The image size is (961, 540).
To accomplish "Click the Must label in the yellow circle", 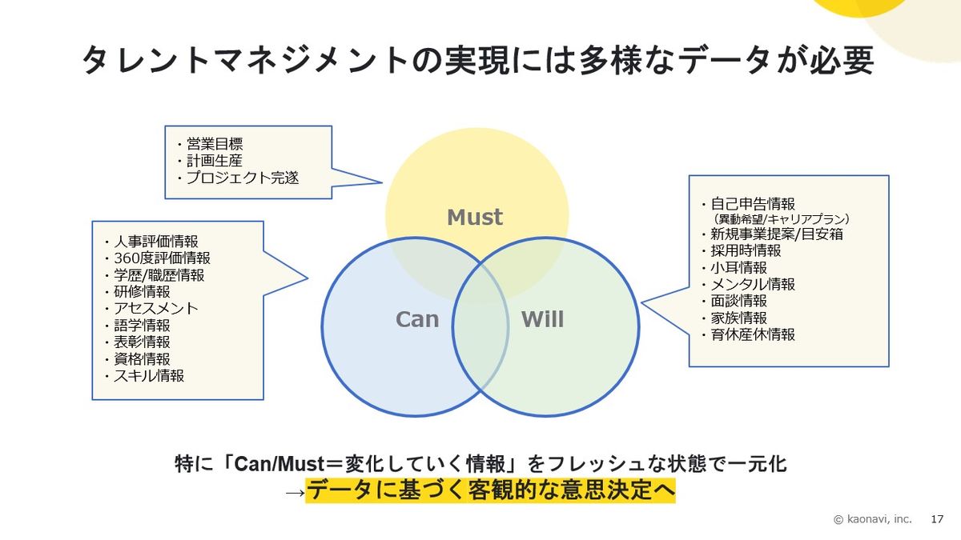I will click(474, 217).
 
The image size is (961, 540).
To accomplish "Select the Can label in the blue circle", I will click(417, 319).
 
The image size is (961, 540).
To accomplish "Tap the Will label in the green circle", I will click(542, 319).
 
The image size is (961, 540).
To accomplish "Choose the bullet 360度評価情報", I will click(162, 258).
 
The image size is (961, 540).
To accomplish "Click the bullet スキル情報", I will click(149, 375).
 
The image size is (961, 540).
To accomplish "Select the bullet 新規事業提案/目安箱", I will click(776, 234).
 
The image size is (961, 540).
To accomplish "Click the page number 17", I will click(937, 519).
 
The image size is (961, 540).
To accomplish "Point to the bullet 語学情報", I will click(142, 325).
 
